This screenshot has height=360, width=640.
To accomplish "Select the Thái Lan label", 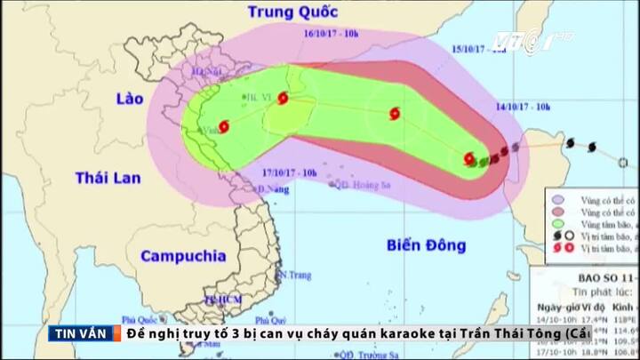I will click(x=108, y=178).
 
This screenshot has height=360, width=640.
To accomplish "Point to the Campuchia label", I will click(x=183, y=257).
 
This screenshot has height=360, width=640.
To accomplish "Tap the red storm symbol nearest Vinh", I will click(x=223, y=127).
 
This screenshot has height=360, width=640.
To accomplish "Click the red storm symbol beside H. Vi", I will click(x=283, y=99).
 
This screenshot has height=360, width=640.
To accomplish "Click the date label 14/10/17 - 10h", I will click(x=524, y=107).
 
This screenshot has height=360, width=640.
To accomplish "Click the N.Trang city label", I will click(x=292, y=276).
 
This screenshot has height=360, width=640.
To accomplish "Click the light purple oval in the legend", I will click(x=557, y=201).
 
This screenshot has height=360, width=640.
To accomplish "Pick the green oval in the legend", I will click(x=557, y=227).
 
